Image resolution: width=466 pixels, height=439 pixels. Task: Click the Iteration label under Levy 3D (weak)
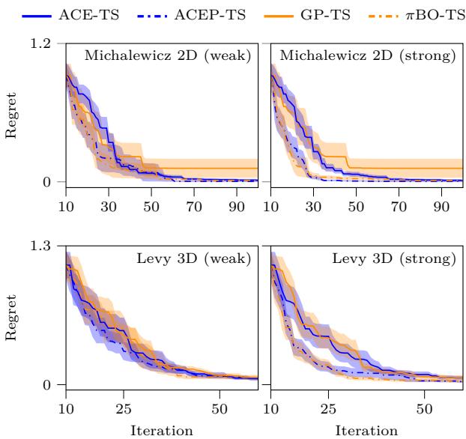tap(162, 431)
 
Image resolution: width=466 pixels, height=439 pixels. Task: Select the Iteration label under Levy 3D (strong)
tap(366, 431)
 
